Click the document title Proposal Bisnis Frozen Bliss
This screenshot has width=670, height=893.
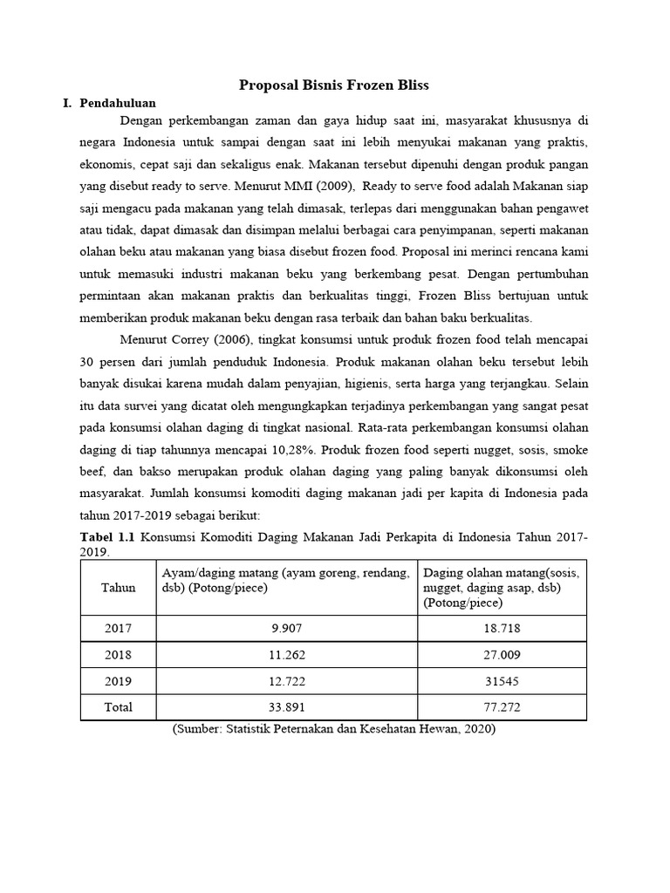(335, 85)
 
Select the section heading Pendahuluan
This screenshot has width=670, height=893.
(118, 103)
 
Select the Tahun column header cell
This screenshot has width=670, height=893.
(118, 588)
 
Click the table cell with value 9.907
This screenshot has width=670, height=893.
(287, 628)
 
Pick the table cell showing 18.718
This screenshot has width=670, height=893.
(502, 628)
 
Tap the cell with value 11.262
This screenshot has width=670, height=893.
(287, 654)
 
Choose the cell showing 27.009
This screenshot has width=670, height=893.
(502, 654)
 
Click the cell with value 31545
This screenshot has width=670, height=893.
(502, 680)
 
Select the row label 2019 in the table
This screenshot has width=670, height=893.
(118, 680)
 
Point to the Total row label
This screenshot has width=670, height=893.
(118, 707)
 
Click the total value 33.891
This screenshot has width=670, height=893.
(287, 707)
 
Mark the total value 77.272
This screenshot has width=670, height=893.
(502, 707)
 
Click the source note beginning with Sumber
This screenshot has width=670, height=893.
(334, 730)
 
